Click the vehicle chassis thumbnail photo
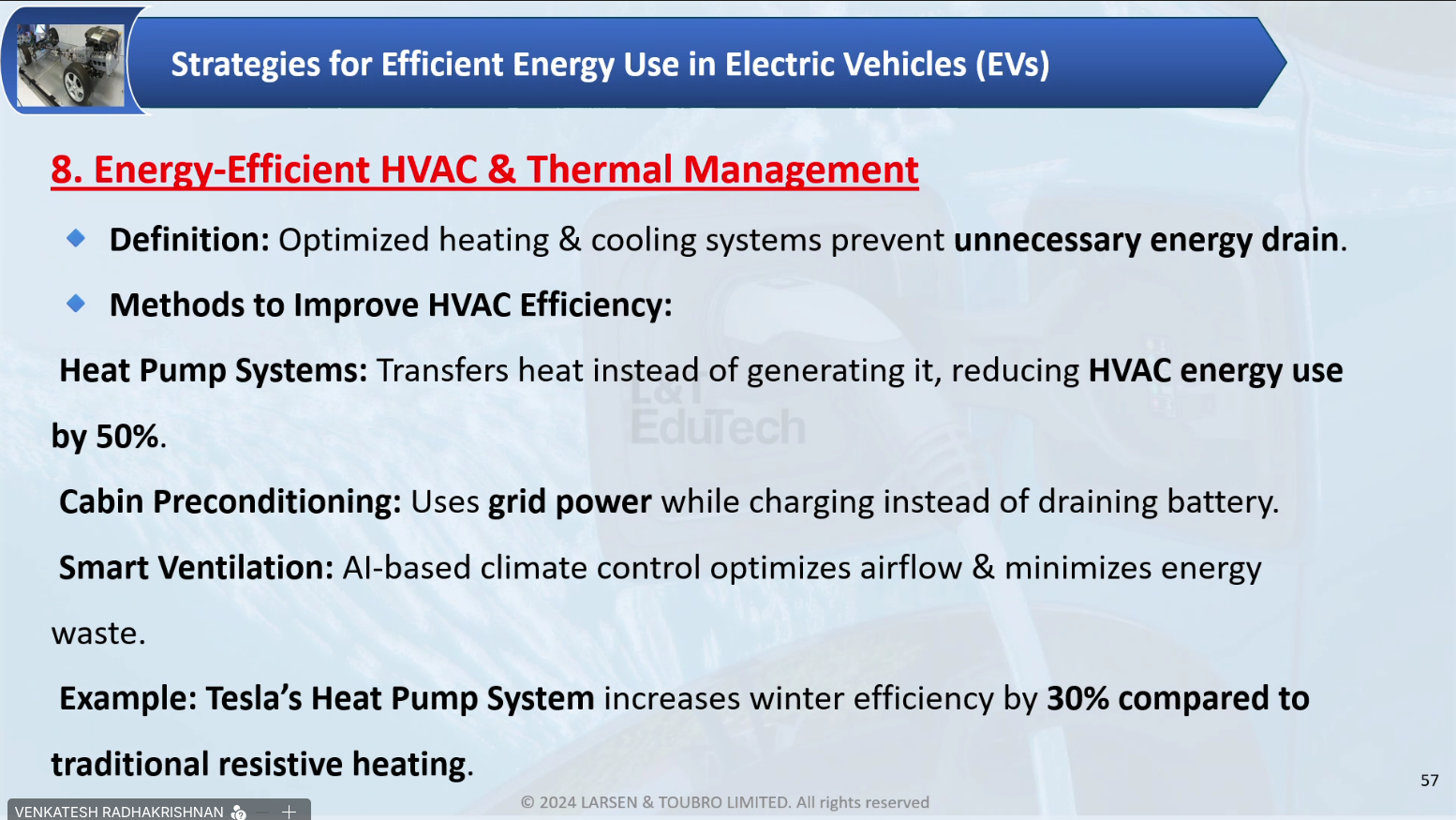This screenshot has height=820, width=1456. [70, 65]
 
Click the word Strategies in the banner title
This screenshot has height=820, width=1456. [245, 65]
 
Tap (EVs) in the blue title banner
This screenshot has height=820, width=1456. [1012, 65]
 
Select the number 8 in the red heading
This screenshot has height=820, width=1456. [62, 170]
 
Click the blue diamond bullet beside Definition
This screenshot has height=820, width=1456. [76, 238]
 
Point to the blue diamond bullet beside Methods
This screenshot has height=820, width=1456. [76, 303]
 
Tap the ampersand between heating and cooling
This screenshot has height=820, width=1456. [570, 239]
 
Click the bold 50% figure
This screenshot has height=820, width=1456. [126, 436]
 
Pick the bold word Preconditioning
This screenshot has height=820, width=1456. [277, 502]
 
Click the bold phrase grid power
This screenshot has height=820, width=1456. [570, 502]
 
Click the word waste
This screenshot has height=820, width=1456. [98, 634]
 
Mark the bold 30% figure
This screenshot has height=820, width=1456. [1077, 698]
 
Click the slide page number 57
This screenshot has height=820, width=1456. [1430, 781]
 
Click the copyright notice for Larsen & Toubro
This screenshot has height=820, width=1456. [725, 802]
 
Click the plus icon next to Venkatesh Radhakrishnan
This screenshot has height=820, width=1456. [290, 812]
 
